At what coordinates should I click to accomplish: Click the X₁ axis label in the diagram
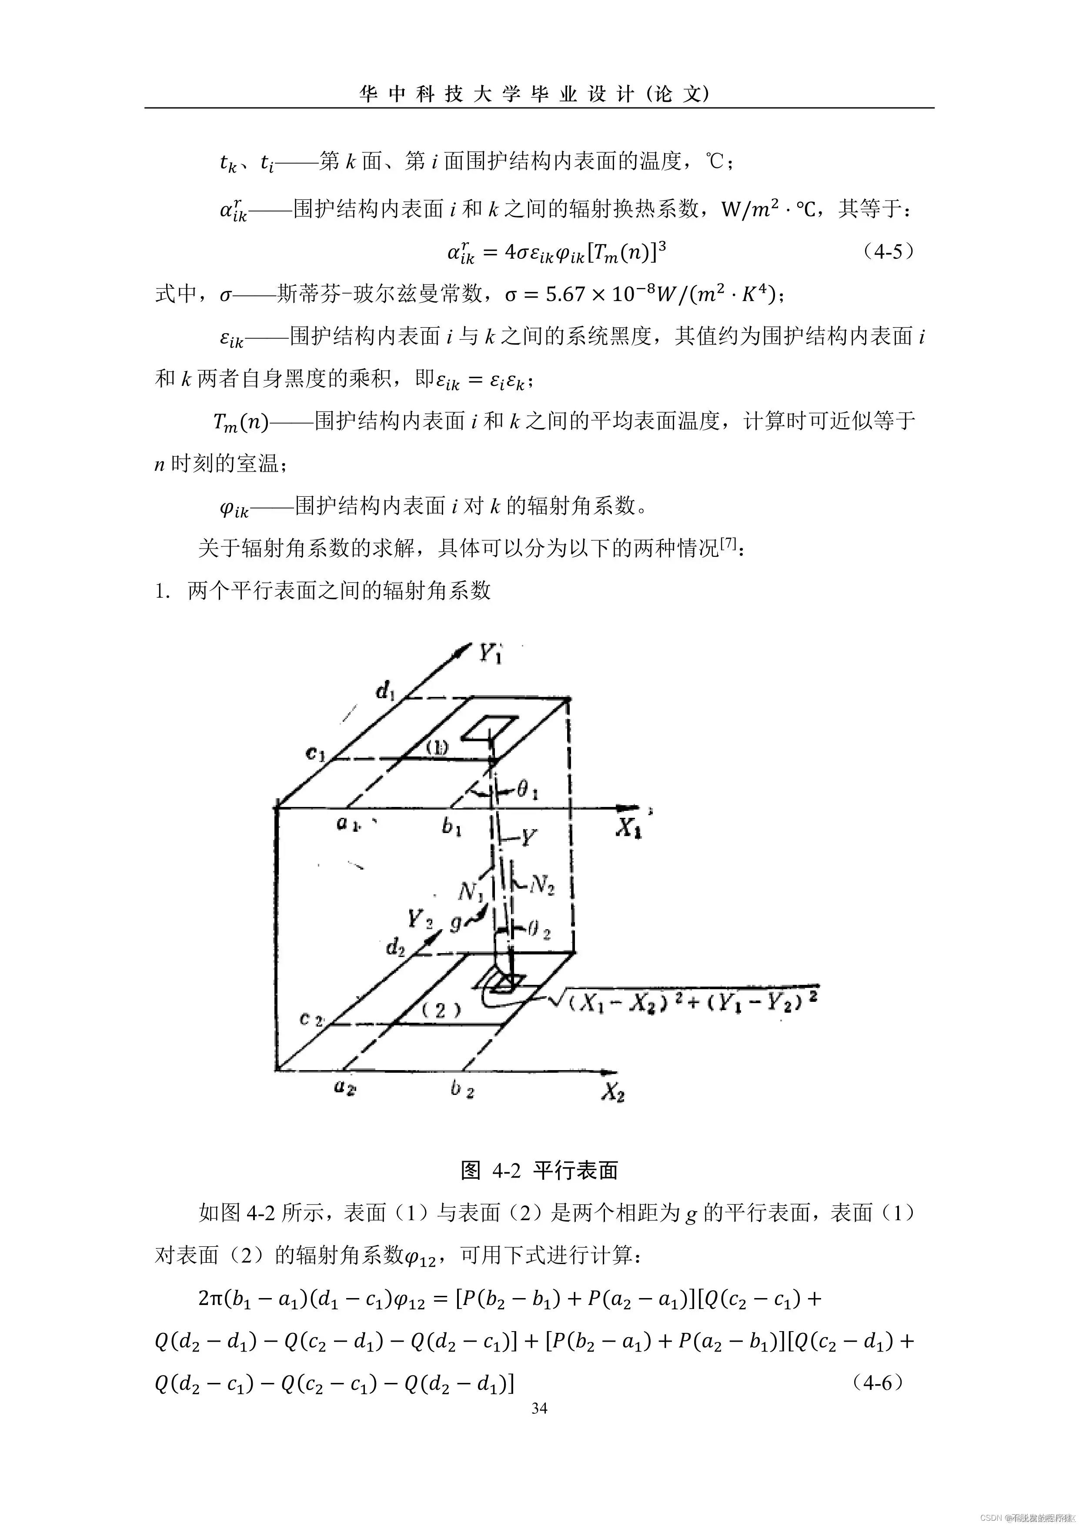coord(628,827)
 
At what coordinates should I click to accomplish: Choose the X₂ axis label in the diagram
coord(613,1092)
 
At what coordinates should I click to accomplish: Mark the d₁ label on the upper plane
coord(385,692)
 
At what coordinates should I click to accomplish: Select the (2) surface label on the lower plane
coord(440,1011)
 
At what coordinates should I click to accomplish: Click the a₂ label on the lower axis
coord(344,1088)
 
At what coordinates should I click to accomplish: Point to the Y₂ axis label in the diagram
coord(420,920)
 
